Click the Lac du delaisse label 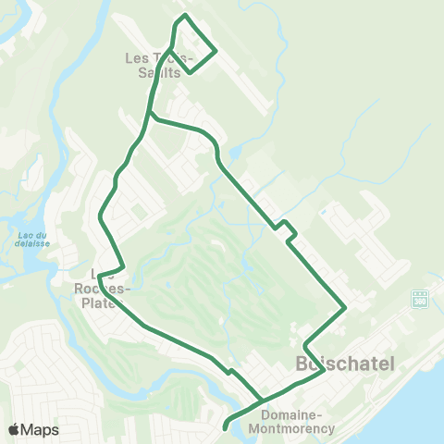pos(32,242)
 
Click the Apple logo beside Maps pos(14,429)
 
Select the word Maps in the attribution pos(40,429)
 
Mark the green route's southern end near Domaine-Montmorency pos(226,426)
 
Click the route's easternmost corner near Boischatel pos(346,307)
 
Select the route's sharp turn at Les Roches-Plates pos(98,275)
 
